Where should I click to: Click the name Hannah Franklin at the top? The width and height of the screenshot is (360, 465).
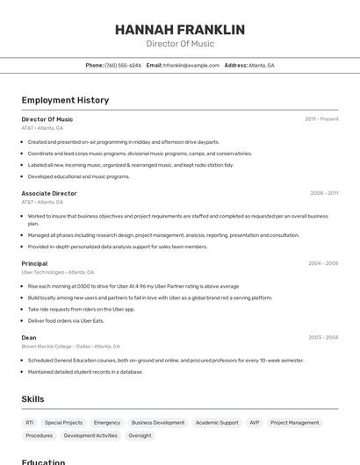click(x=180, y=29)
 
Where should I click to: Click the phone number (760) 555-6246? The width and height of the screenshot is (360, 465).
click(x=123, y=65)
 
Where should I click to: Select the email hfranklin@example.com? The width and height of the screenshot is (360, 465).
click(x=191, y=65)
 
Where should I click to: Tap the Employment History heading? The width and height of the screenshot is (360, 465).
click(x=65, y=100)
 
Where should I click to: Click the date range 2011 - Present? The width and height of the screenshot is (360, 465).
click(x=321, y=118)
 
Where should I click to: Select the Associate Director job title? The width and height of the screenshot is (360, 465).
click(x=49, y=193)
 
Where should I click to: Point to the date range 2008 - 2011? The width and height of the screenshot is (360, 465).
click(x=324, y=193)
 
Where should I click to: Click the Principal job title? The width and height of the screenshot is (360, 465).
click(x=34, y=263)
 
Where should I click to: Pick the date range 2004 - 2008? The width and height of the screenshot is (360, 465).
click(x=323, y=263)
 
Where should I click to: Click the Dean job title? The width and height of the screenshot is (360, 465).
click(x=29, y=337)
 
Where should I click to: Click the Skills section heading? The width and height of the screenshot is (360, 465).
click(x=32, y=399)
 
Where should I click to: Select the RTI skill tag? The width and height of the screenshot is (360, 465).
click(x=30, y=422)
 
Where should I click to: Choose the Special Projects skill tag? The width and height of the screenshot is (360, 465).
click(x=63, y=422)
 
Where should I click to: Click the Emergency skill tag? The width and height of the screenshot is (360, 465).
click(x=106, y=422)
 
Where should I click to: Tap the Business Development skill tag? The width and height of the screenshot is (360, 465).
click(x=158, y=422)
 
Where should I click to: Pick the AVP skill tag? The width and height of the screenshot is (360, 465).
click(x=254, y=422)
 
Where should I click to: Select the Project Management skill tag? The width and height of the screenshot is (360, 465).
click(x=295, y=422)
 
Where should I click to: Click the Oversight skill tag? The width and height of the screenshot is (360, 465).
click(x=140, y=435)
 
